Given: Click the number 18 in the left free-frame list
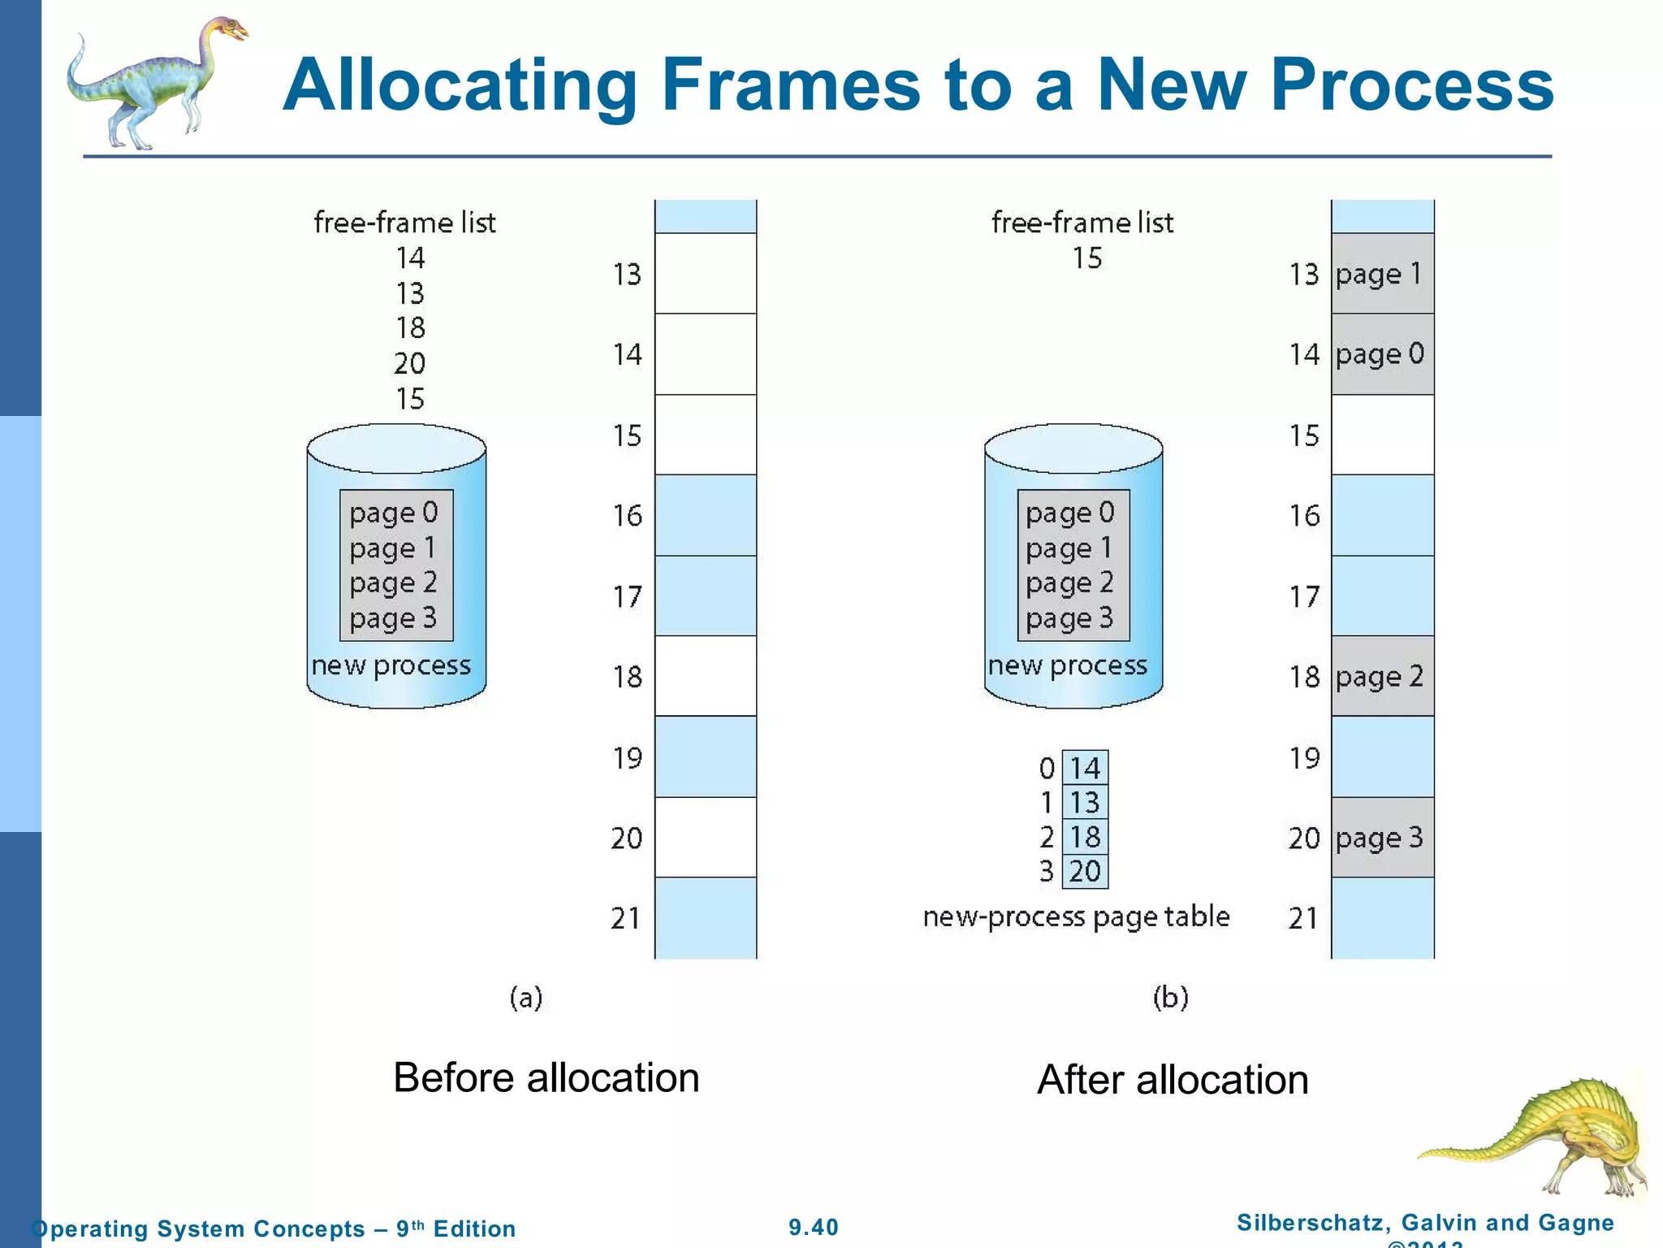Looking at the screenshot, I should [x=410, y=327].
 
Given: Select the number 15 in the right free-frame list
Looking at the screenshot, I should [x=1086, y=258].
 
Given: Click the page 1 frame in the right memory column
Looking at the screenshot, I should [x=1382, y=274].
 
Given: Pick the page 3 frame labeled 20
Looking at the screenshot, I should [x=1382, y=838].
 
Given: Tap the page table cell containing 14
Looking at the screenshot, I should [x=1085, y=768].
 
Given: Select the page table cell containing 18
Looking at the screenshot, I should [x=1085, y=837].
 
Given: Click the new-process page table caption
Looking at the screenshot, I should [x=1076, y=916].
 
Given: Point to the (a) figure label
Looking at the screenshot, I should [x=525, y=997].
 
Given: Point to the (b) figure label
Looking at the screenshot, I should [x=1170, y=997].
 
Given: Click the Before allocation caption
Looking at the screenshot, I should [x=546, y=1078].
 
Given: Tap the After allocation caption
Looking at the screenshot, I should [x=1173, y=1080].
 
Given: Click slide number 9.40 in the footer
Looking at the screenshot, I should [x=814, y=1227].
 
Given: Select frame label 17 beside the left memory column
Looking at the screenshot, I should [x=627, y=597].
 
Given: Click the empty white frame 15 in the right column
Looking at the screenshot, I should [x=1382, y=435].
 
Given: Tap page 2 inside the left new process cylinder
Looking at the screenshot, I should [x=394, y=583].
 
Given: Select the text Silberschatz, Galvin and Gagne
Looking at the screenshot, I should [x=1425, y=1222].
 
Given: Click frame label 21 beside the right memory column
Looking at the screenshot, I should [x=1303, y=918].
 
